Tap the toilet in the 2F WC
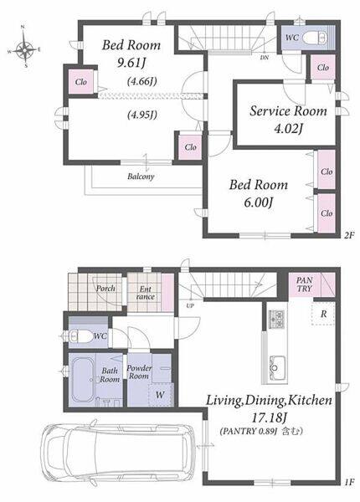pyautogui.click(x=315, y=38)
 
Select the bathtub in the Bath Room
pyautogui.click(x=82, y=379)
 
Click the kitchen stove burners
pyautogui.click(x=276, y=319)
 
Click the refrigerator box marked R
pyautogui.click(x=323, y=314)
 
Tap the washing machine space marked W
pyautogui.click(x=161, y=394)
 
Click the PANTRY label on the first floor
pyautogui.click(x=304, y=284)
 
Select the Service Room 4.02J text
pyautogui.click(x=288, y=119)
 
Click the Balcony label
pyautogui.click(x=141, y=176)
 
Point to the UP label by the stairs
pyautogui.click(x=190, y=305)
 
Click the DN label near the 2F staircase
pyautogui.click(x=265, y=58)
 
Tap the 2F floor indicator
pyautogui.click(x=349, y=235)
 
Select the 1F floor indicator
pyautogui.click(x=349, y=482)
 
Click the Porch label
pyautogui.click(x=105, y=288)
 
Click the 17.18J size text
pyautogui.click(x=269, y=417)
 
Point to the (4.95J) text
pyautogui.click(x=142, y=115)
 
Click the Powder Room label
pyautogui.click(x=139, y=371)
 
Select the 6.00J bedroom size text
pyautogui.click(x=258, y=202)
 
